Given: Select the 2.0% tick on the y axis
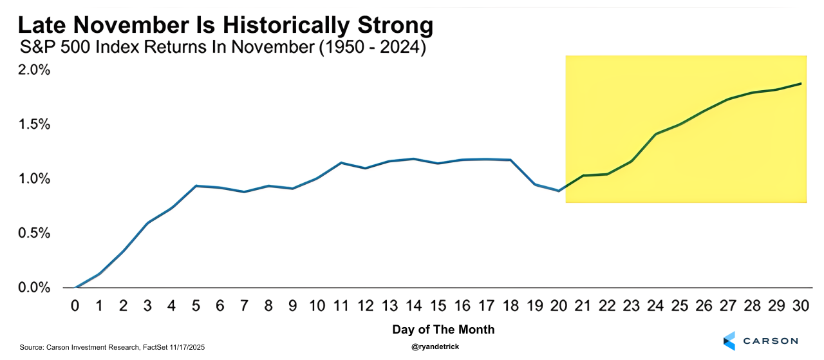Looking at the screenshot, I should coord(33,70).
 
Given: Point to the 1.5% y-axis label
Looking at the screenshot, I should coord(33,124).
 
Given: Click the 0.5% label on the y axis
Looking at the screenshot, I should coord(33,233).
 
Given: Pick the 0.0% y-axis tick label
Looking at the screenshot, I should coord(33,287).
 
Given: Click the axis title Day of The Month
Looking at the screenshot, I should coord(444,330).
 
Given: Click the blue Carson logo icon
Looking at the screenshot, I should coord(729,341).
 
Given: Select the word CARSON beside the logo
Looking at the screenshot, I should coord(770,341).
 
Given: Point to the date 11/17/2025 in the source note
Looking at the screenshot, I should coord(186,347).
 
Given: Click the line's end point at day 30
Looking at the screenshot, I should coord(800,84).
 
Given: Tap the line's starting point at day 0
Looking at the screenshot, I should coord(76,287).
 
